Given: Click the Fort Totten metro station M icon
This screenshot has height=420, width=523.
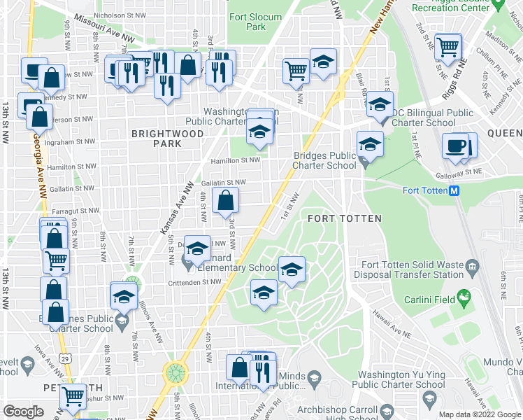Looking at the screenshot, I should [453, 190].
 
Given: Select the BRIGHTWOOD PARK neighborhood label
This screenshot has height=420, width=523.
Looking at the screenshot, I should [157, 137].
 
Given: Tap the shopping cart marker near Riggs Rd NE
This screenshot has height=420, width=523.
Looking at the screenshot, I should [447, 48].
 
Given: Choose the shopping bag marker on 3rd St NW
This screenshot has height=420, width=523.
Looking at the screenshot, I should [225, 202].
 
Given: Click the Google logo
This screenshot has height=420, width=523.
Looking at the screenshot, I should [24, 412].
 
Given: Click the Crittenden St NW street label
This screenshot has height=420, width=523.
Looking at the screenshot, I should [192, 282].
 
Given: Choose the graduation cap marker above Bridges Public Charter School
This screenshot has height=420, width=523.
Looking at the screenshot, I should [370, 145].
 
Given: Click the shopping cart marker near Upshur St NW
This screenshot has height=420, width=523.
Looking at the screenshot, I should [73, 396].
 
